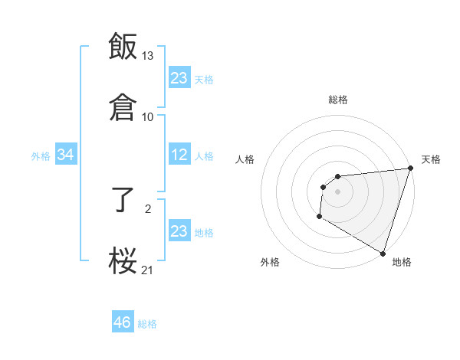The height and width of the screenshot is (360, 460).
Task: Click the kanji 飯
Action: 123,46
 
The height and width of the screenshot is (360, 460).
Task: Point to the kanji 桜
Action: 123,260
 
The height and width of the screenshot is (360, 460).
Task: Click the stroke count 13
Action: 148,56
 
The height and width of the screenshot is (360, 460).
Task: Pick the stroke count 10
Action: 148,116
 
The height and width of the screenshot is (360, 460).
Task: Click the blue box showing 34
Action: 66,155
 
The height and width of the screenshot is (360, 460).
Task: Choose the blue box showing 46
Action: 123,322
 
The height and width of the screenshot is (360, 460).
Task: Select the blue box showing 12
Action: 179,155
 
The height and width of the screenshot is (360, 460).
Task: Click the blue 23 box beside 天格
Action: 179,78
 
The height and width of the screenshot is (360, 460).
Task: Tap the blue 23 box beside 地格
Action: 179,231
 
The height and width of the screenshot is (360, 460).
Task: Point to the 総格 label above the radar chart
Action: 338,100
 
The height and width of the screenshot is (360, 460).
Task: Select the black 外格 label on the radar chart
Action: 270,262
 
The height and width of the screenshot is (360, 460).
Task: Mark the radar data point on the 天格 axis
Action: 411,169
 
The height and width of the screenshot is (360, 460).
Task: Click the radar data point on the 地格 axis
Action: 383,253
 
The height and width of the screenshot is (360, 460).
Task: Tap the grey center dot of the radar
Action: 337,191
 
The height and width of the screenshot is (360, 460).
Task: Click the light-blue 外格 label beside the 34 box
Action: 41,156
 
